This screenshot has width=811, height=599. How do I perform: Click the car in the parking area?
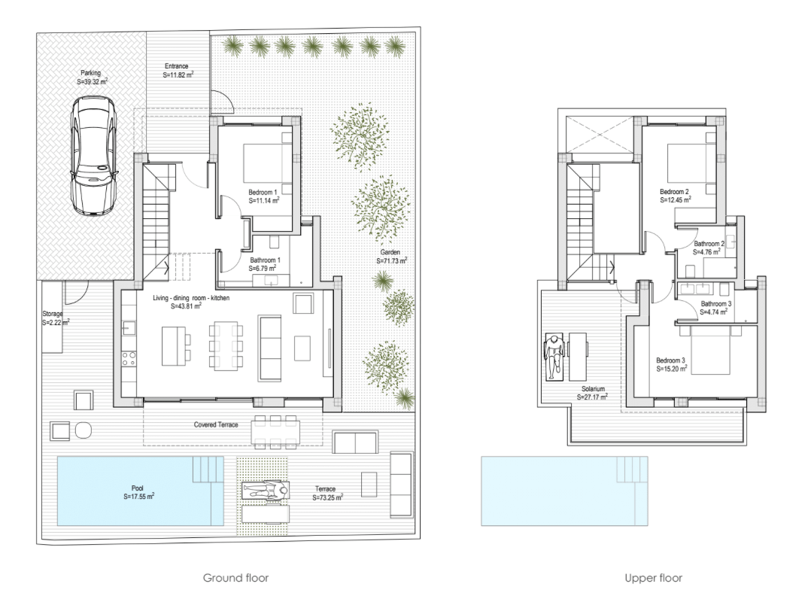point(93,156)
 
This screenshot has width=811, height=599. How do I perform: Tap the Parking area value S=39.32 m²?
point(92,82)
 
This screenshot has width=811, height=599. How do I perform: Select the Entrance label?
point(176,66)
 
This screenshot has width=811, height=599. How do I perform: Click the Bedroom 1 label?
point(263,193)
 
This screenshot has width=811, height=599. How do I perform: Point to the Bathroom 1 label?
point(266,260)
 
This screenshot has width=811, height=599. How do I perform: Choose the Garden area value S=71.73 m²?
point(391,261)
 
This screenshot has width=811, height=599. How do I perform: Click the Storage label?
point(53,314)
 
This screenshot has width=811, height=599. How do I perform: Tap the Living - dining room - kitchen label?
point(191,298)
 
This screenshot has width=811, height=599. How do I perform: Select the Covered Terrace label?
point(216,424)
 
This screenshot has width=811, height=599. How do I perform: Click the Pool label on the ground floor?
point(138,488)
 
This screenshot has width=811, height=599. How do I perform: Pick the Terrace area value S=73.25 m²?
point(327,497)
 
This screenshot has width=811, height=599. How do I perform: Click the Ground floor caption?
point(236,578)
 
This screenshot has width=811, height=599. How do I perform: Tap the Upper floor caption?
point(653,578)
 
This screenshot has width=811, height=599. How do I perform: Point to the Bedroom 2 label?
point(674,192)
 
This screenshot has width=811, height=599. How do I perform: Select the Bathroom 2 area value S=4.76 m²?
point(706,252)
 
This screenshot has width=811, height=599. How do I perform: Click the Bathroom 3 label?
point(716,303)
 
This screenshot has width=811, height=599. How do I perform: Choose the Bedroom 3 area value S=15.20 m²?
point(672,369)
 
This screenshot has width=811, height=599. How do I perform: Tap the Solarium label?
point(593,388)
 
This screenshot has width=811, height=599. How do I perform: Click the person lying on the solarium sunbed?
point(554,357)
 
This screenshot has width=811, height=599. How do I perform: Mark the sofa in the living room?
point(271,348)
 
